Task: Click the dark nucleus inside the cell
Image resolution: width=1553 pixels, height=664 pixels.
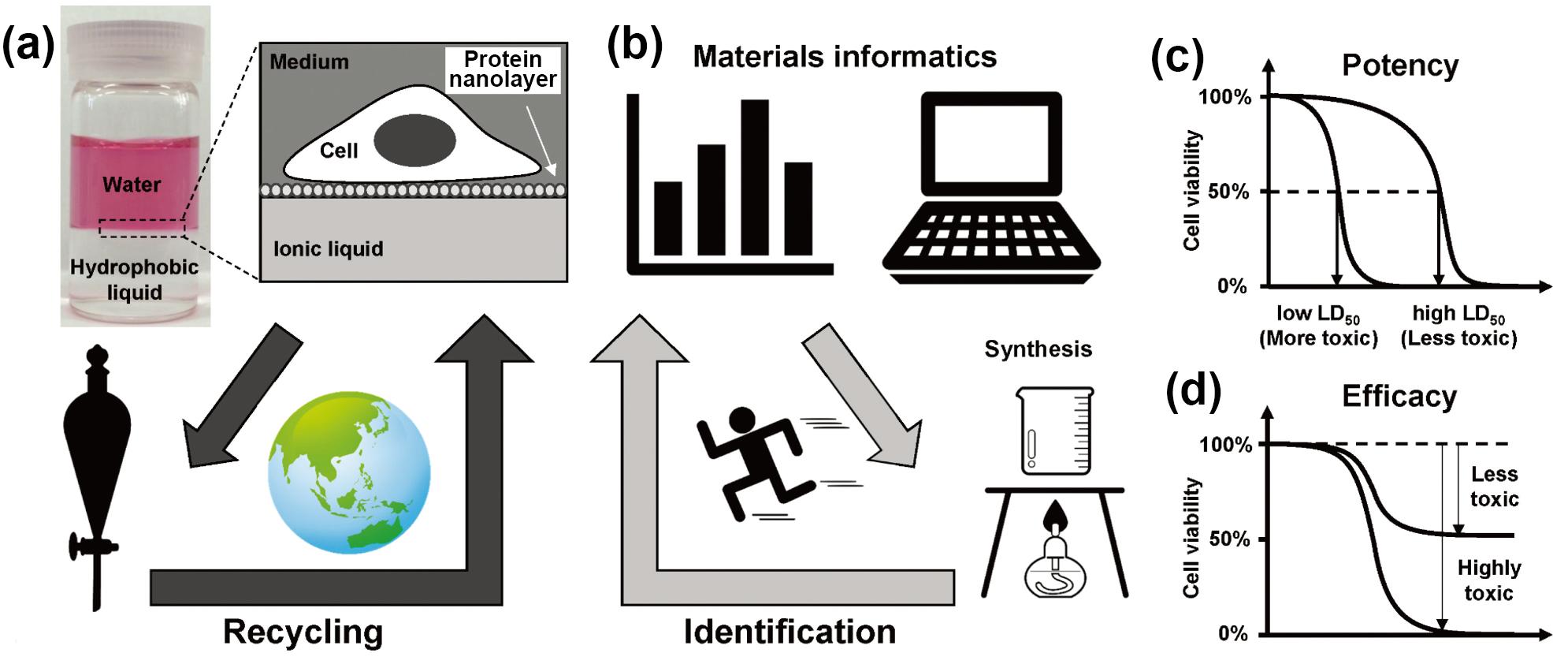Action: pos(414,140)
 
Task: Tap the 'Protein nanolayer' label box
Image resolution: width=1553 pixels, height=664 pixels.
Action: pos(503,70)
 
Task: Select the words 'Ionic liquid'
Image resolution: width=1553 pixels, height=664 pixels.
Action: pos(328,249)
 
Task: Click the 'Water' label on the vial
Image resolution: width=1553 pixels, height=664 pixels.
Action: pos(132,185)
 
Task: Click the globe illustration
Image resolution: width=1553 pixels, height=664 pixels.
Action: pos(349,472)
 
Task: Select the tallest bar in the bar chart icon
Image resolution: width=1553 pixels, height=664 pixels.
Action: pos(754,177)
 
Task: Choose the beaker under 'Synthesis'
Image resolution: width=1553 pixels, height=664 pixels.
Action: pos(1055,431)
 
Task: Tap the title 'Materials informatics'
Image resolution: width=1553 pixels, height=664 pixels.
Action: pos(844,57)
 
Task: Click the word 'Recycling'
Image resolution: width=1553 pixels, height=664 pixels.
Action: pos(303,632)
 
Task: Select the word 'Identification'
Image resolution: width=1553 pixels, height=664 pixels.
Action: pos(790,632)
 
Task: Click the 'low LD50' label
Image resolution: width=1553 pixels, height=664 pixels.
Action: pos(1318,314)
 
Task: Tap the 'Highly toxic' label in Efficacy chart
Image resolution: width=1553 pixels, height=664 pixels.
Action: pos(1488,580)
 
